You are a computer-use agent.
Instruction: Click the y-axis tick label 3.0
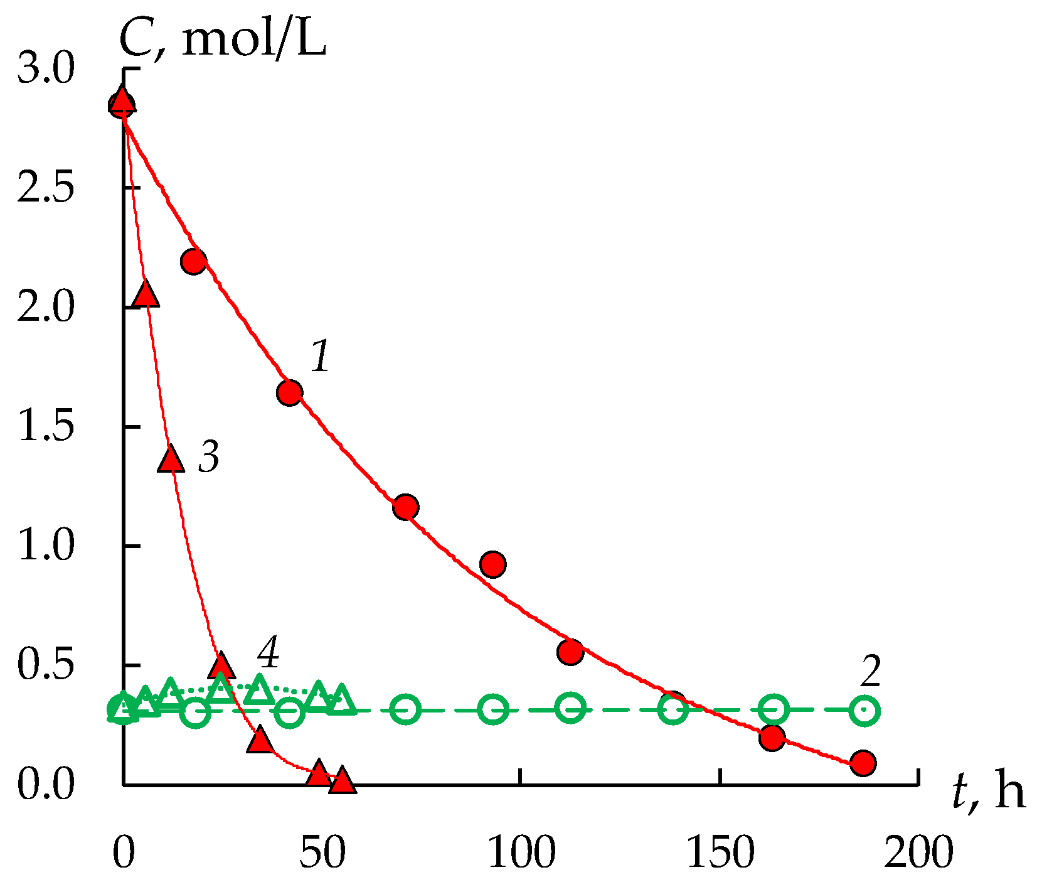point(45,69)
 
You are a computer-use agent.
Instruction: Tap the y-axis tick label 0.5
point(45,665)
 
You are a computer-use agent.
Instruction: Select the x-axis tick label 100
point(521,852)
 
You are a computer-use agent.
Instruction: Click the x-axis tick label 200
point(918,852)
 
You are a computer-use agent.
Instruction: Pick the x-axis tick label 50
point(322,852)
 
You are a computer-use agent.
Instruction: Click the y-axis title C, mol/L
point(223,41)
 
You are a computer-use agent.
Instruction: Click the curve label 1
point(321,357)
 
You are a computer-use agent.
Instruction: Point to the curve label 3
point(209,456)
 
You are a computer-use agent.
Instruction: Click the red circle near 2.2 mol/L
point(194,261)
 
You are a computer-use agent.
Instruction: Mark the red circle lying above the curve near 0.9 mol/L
point(493,564)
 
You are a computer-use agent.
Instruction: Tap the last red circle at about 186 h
point(863,763)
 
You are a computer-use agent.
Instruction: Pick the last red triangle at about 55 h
point(343,781)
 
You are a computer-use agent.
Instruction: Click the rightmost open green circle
point(865,711)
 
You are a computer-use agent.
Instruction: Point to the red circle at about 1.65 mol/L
point(289,392)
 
